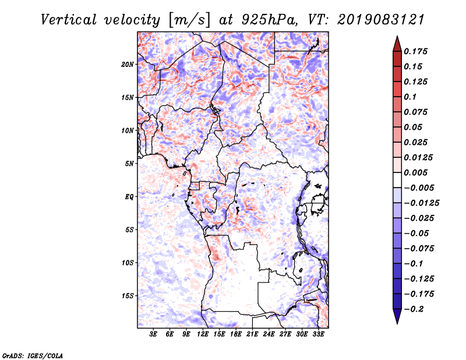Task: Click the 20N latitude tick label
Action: (x=128, y=65)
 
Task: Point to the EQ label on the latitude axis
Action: (x=129, y=197)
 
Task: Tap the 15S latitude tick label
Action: (x=128, y=296)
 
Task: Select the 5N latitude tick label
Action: (x=129, y=164)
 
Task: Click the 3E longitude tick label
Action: (x=153, y=334)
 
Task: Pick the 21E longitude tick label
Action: (x=252, y=334)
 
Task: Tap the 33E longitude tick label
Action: (x=318, y=334)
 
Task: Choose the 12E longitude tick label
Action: (x=202, y=334)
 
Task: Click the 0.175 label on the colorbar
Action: (x=415, y=51)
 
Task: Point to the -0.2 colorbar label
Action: (x=414, y=309)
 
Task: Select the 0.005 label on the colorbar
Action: (x=415, y=172)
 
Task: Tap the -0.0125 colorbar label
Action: (x=421, y=203)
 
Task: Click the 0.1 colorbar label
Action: (x=410, y=97)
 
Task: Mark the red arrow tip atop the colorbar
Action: (x=397, y=37)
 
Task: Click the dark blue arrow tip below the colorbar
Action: (x=397, y=323)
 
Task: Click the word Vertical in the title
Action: (x=69, y=20)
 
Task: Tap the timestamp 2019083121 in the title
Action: (x=381, y=20)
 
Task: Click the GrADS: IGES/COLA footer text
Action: (x=33, y=355)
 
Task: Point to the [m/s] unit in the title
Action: (x=189, y=20)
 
